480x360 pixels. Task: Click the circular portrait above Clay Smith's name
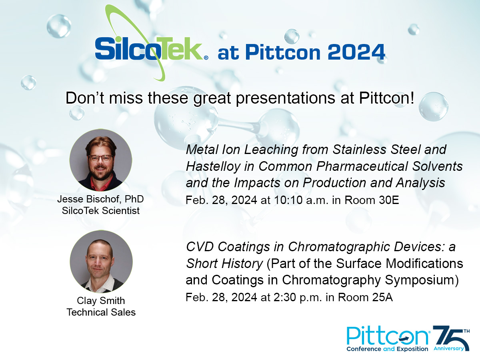(x=101, y=261)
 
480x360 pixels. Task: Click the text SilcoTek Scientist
(x=101, y=210)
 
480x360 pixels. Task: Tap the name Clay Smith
(x=101, y=300)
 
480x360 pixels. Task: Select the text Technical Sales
(x=101, y=312)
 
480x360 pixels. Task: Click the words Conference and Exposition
(x=388, y=349)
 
